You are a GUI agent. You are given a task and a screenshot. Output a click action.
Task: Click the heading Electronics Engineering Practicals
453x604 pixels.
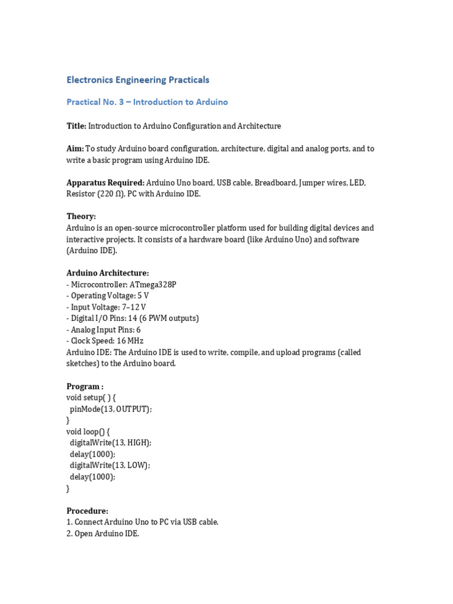[x=137, y=80]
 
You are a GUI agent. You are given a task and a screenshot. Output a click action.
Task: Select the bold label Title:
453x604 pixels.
[x=76, y=126]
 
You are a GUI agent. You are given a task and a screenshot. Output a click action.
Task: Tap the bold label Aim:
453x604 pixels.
[x=75, y=149]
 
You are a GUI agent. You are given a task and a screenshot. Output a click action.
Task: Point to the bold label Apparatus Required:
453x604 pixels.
[x=105, y=183]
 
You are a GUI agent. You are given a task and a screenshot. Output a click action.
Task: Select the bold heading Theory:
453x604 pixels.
[x=81, y=216]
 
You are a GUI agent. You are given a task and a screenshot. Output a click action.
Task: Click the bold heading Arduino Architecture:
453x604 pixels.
[x=107, y=273]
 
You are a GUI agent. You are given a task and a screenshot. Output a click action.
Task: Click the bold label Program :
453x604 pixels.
[x=84, y=386]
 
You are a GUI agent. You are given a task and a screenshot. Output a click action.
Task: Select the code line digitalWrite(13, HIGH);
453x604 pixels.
[x=110, y=443]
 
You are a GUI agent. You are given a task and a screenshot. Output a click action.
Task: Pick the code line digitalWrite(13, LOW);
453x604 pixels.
[x=110, y=465]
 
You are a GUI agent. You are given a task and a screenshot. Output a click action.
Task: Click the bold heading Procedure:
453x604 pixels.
[x=87, y=511]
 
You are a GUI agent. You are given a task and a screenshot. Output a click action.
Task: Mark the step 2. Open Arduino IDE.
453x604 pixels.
[x=103, y=534]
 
